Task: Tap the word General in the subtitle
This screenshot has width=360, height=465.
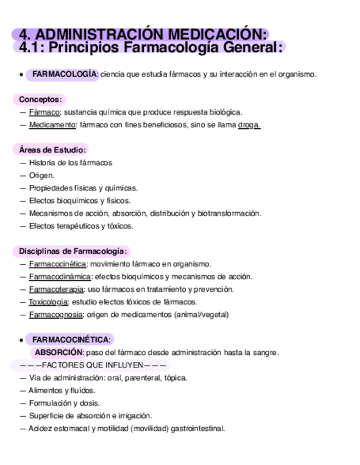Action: coord(251,47)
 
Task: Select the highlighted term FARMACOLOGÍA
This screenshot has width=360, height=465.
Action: coord(65,74)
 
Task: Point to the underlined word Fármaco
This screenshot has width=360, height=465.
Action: coord(44,112)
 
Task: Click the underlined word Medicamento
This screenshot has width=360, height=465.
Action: coord(52,124)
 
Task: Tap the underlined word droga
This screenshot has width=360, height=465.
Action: coord(249,124)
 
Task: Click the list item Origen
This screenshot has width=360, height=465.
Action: coord(42,175)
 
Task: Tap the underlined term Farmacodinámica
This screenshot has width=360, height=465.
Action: coord(60,276)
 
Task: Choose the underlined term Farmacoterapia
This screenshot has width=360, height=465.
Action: coord(56,289)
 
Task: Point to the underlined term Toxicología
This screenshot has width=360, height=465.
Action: coord(48,302)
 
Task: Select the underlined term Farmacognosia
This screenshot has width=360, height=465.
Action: coord(56,314)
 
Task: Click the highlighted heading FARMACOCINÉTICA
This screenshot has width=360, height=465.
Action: coord(71,340)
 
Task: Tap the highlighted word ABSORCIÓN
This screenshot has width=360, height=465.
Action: coord(59,352)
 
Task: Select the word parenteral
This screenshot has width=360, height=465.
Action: coord(143,378)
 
